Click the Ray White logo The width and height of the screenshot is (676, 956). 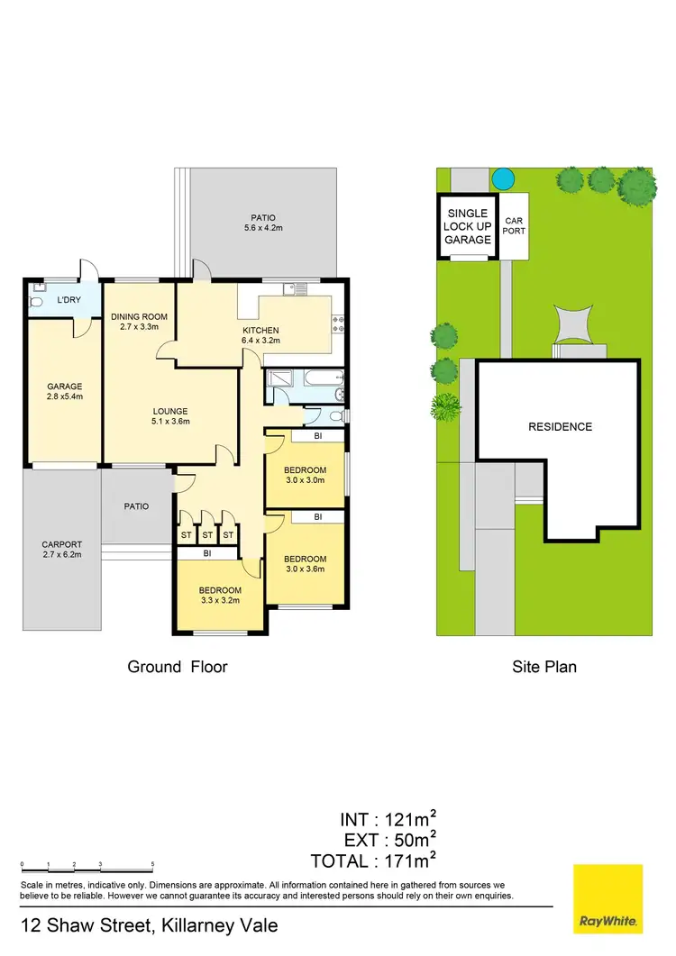[608, 898]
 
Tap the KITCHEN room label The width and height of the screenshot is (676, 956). [261, 336]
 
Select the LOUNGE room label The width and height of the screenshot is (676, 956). [169, 416]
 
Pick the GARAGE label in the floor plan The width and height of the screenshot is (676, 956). [64, 392]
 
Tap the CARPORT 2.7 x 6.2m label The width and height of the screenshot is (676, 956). [61, 550]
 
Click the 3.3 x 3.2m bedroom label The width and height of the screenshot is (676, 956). [221, 596]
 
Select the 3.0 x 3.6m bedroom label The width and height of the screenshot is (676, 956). [305, 565]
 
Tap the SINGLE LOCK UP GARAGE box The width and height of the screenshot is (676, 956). [468, 227]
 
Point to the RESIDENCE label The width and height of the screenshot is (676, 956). [560, 426]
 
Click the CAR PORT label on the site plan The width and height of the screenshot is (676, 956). [514, 225]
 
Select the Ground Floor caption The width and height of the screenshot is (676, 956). [178, 668]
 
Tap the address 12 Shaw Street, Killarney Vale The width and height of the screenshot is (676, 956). [149, 925]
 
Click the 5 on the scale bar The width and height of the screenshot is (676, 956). [153, 864]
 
